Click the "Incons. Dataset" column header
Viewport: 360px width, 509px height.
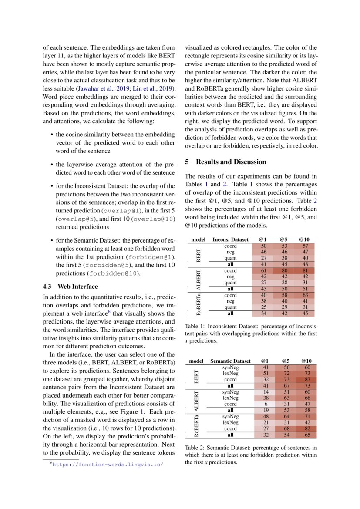[230, 239]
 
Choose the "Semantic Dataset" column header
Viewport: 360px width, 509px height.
[230, 361]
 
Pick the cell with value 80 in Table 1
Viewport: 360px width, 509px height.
[283, 270]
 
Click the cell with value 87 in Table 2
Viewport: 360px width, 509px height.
[306, 379]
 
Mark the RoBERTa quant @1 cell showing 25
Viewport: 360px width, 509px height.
[264, 307]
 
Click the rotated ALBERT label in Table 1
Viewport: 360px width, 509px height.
[199, 280]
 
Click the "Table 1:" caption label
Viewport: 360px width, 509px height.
[195, 326]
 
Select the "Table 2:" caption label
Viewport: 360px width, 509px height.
[195, 448]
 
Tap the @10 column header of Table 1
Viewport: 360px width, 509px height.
[304, 239]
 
